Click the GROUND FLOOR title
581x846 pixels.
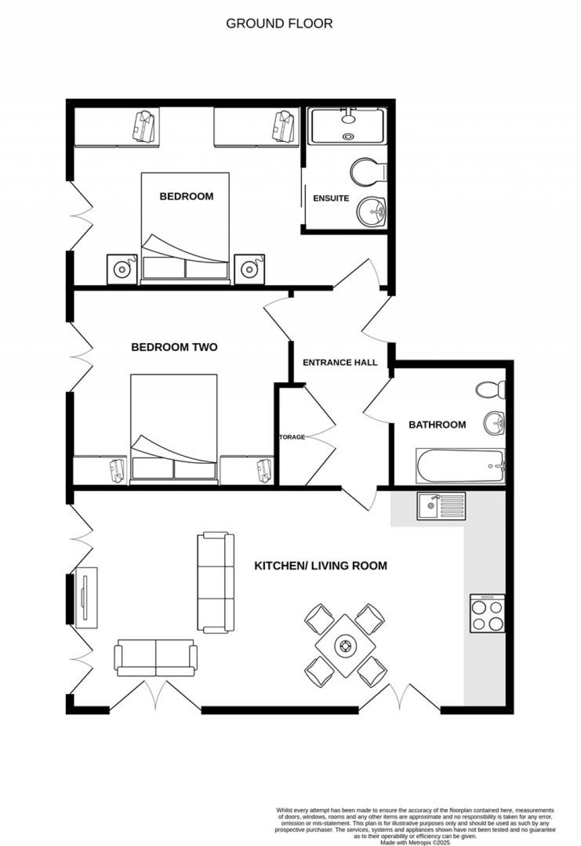279,24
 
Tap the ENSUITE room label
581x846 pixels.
331,198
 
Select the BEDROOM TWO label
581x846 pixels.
174,347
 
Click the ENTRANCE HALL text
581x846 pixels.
340,362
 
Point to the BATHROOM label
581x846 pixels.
437,424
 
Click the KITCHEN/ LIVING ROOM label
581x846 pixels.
320,565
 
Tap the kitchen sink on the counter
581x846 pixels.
441,506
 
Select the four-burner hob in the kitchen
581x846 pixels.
487,614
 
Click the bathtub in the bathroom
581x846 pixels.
460,467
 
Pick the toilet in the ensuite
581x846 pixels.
366,171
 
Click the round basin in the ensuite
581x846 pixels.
372,211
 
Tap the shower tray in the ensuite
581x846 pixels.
347,126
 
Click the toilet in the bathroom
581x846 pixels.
490,390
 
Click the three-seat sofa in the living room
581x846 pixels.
216,582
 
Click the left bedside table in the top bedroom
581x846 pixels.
121,269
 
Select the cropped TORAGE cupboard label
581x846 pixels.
292,437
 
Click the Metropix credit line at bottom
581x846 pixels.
415,843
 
